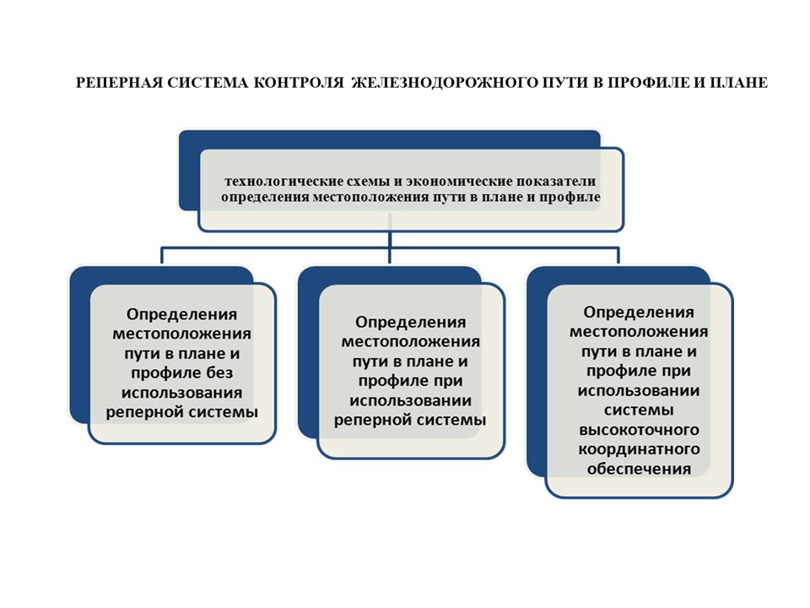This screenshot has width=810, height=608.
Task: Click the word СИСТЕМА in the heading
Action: (x=208, y=83)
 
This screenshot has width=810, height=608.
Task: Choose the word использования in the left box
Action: (x=182, y=393)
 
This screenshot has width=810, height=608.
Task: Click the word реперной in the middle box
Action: (x=372, y=420)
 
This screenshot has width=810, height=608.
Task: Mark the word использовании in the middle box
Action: (x=411, y=400)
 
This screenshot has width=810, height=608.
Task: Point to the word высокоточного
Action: (x=639, y=430)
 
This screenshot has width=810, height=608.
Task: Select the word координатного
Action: (x=639, y=449)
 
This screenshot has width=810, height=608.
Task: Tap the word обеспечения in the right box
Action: (x=639, y=469)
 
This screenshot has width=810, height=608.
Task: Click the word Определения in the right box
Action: (x=639, y=312)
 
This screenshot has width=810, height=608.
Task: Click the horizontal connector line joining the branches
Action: (x=390, y=248)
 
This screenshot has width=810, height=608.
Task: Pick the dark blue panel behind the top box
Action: (x=390, y=139)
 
